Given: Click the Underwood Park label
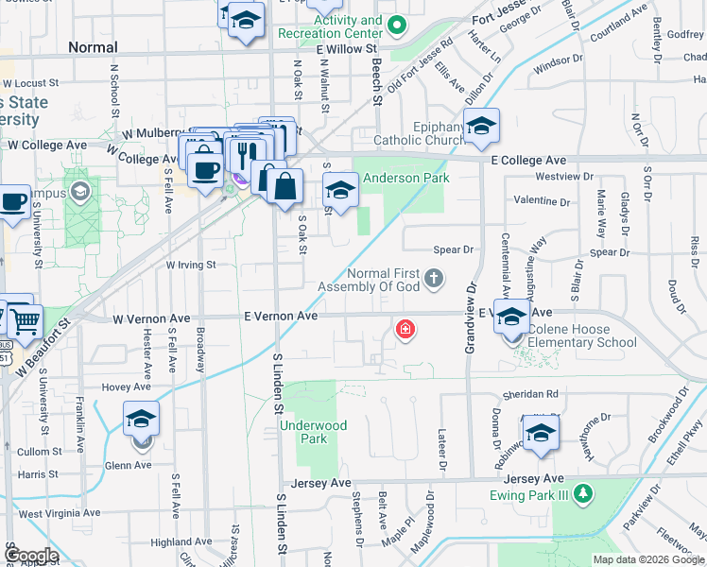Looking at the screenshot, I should [x=314, y=432].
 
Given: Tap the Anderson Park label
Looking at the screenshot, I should [x=406, y=178].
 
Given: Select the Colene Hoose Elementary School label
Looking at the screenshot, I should [x=583, y=336].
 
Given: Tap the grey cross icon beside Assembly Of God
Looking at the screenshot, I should [x=434, y=277].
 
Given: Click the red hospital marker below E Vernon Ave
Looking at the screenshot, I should [x=405, y=329].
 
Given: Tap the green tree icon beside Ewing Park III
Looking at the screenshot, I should [x=584, y=493].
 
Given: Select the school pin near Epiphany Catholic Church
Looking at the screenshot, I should [x=482, y=127].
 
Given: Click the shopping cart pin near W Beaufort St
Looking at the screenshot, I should [x=26, y=320].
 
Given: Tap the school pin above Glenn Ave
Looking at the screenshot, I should [x=141, y=418].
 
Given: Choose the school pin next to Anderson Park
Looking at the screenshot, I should [x=340, y=189].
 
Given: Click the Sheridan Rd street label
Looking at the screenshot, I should [x=538, y=394].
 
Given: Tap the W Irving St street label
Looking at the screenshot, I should [x=192, y=266].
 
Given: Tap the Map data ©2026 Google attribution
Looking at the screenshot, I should [x=648, y=559].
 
